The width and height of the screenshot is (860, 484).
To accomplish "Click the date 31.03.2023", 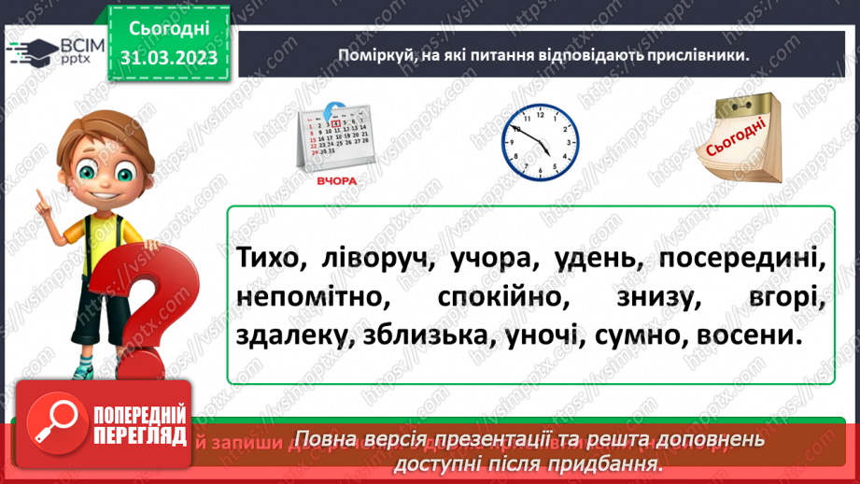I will [167, 57].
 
